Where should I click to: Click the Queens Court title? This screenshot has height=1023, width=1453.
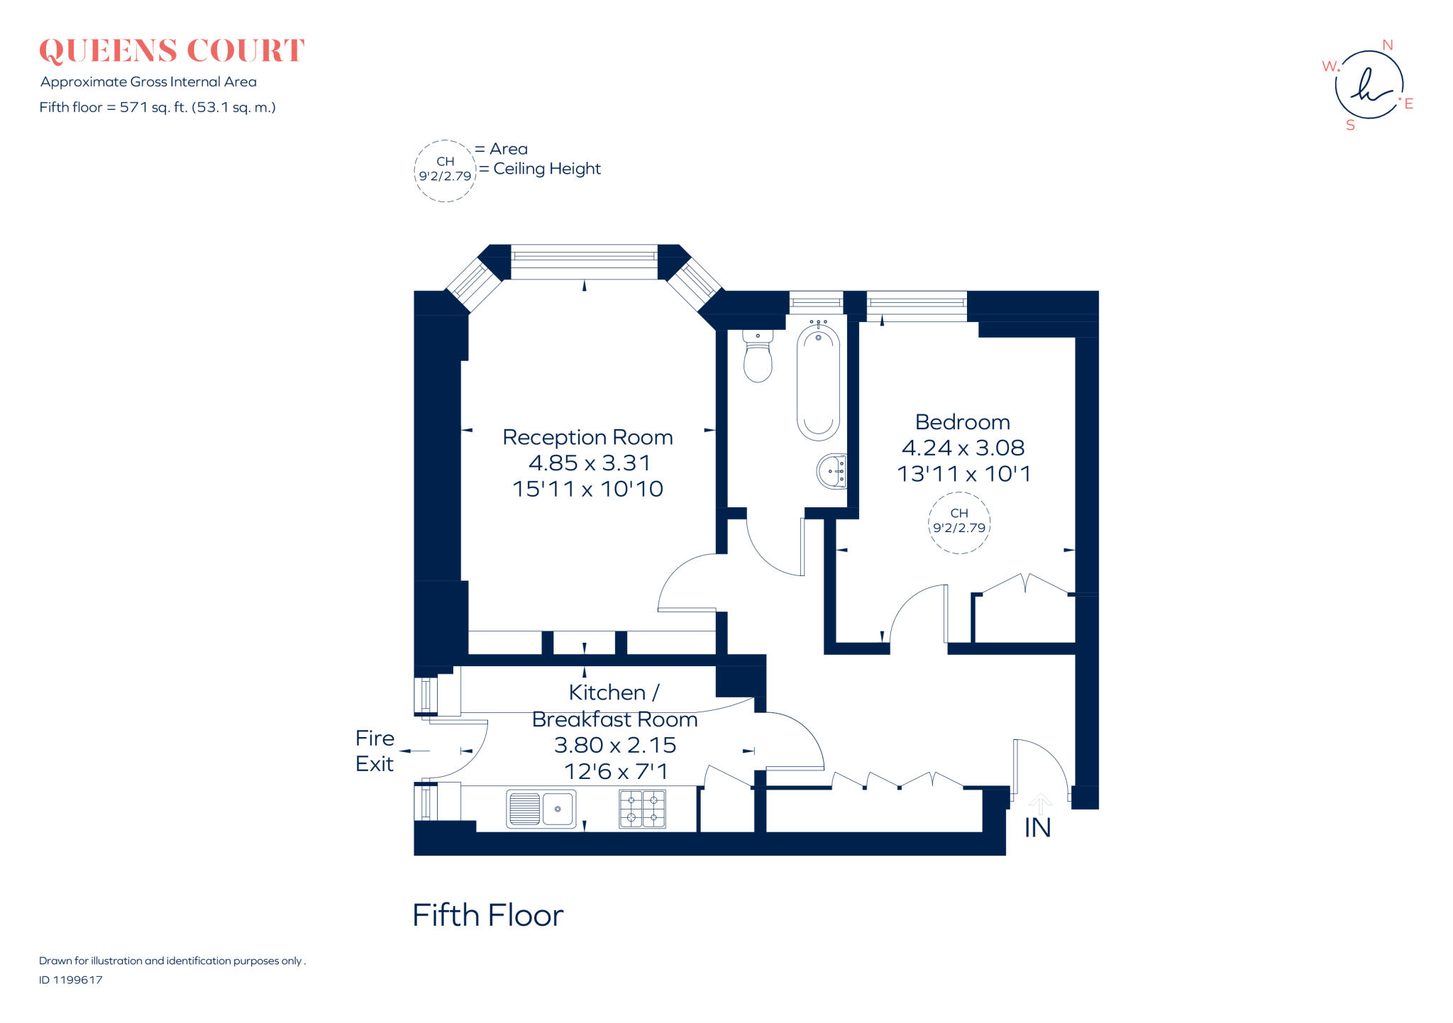[172, 51]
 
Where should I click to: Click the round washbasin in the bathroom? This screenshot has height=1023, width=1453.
[832, 471]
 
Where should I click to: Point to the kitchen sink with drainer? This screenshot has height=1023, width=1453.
[541, 809]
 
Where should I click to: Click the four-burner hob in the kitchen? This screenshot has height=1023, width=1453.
[642, 809]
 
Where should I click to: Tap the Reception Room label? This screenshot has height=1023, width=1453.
[587, 437]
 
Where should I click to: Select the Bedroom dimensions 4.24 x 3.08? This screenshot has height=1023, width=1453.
[963, 448]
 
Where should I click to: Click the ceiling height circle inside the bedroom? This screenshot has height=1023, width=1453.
[958, 521]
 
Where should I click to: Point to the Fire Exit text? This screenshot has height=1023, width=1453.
[375, 751]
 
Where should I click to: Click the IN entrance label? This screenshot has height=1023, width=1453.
[1037, 828]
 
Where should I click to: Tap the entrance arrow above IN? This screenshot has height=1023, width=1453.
[1040, 804]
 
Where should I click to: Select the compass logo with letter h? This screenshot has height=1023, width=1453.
[1369, 85]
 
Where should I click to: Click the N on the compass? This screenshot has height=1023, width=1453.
[1387, 45]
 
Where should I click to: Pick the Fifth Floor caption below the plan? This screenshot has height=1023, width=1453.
[487, 915]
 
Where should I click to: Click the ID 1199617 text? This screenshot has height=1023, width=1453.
[71, 980]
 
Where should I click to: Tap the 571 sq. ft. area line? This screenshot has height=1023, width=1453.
[158, 107]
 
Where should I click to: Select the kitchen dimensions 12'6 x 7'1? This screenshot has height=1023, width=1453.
[616, 771]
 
